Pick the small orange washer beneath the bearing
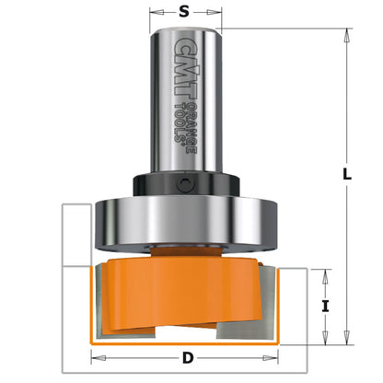click(189, 251)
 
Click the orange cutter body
click(184, 295)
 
